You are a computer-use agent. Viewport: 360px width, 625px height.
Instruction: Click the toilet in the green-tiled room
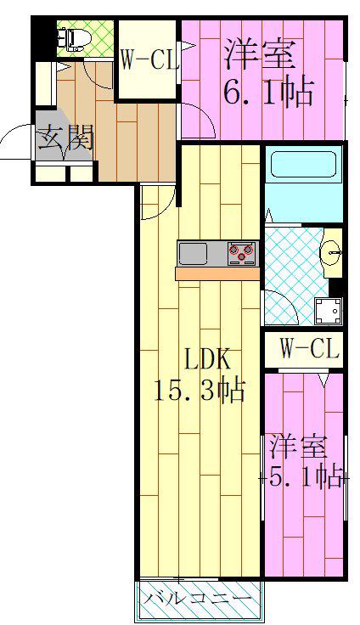click(x=75, y=40)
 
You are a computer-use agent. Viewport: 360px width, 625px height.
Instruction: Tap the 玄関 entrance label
click(x=65, y=138)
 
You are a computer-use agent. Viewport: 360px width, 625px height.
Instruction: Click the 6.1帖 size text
click(x=267, y=93)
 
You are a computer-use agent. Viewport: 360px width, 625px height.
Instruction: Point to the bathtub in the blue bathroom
click(x=303, y=164)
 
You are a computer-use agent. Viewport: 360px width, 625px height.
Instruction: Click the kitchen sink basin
click(x=193, y=254)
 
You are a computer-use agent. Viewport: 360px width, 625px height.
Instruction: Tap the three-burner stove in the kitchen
click(x=242, y=254)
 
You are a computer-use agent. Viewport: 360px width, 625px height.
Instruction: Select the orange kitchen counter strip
click(x=217, y=273)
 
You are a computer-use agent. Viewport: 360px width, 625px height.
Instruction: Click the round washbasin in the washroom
click(x=332, y=251)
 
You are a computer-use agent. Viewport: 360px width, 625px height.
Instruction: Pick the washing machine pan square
click(x=328, y=311)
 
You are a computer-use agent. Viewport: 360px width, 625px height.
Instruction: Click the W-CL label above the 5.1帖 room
click(x=309, y=349)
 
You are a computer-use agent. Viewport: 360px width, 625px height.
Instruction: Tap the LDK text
click(x=206, y=359)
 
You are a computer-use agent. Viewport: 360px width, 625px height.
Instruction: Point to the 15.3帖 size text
click(x=199, y=391)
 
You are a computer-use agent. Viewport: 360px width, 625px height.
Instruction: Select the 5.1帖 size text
click(x=307, y=476)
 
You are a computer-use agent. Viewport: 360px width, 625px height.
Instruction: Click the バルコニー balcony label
click(x=198, y=599)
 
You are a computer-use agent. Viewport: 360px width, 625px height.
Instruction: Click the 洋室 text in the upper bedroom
click(x=260, y=55)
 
